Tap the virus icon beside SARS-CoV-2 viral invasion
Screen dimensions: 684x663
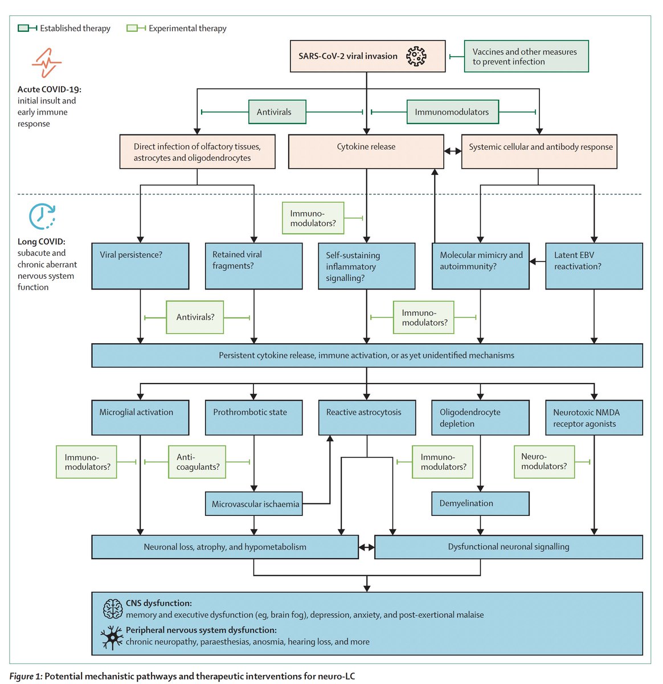click(x=416, y=56)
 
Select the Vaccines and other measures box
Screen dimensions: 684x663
click(x=526, y=56)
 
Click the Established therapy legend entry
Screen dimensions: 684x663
click(x=64, y=28)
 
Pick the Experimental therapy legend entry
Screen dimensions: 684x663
click(x=177, y=28)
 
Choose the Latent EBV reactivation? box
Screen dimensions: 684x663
click(x=594, y=266)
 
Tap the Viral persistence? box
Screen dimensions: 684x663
click(x=140, y=266)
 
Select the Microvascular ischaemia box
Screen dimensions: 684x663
click(x=253, y=504)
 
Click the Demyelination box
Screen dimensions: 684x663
click(x=480, y=503)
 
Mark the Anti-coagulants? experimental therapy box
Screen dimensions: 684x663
click(x=197, y=462)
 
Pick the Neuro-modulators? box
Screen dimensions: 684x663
click(x=544, y=461)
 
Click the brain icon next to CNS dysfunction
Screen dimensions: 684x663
click(x=113, y=609)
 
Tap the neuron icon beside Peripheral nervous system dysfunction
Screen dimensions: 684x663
click(x=112, y=637)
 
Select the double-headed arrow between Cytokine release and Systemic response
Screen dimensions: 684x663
click(x=453, y=151)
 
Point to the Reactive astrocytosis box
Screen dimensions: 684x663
click(x=367, y=417)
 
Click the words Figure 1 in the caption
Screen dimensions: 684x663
click(x=26, y=676)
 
